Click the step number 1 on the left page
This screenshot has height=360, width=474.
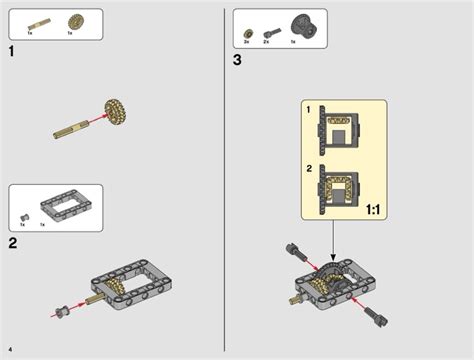tap(12, 50)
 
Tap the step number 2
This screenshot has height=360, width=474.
tap(13, 242)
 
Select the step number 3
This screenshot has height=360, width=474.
tap(237, 59)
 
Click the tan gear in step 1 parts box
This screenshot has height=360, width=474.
tap(74, 21)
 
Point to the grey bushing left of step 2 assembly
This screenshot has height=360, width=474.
tap(61, 310)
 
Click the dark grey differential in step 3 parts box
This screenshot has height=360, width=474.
tap(299, 24)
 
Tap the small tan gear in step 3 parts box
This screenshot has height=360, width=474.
tap(246, 31)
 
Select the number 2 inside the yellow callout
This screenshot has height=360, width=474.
tap(308, 167)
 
